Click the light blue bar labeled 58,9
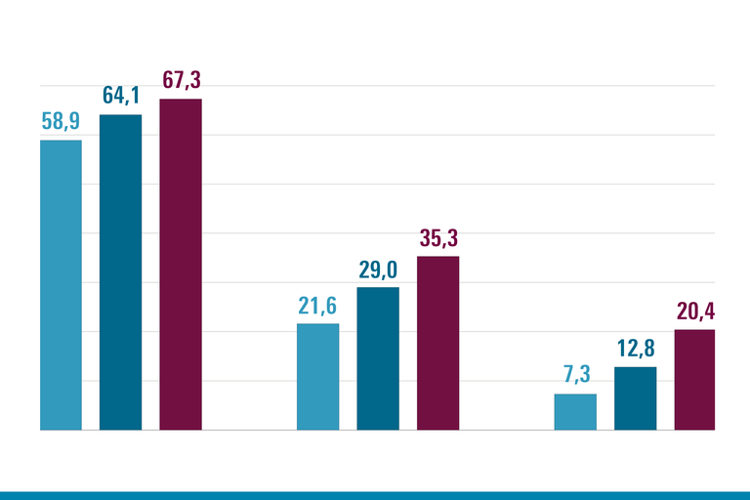61,284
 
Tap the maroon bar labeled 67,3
181,264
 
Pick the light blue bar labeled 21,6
318,376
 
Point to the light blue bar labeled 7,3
575,411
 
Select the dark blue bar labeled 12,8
635,397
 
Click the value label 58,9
61,122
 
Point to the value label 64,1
121,97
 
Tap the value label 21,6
318,306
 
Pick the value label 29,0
378,270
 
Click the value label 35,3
437,238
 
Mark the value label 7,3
575,376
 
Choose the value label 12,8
635,349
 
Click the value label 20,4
694,312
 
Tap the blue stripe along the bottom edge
375,495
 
